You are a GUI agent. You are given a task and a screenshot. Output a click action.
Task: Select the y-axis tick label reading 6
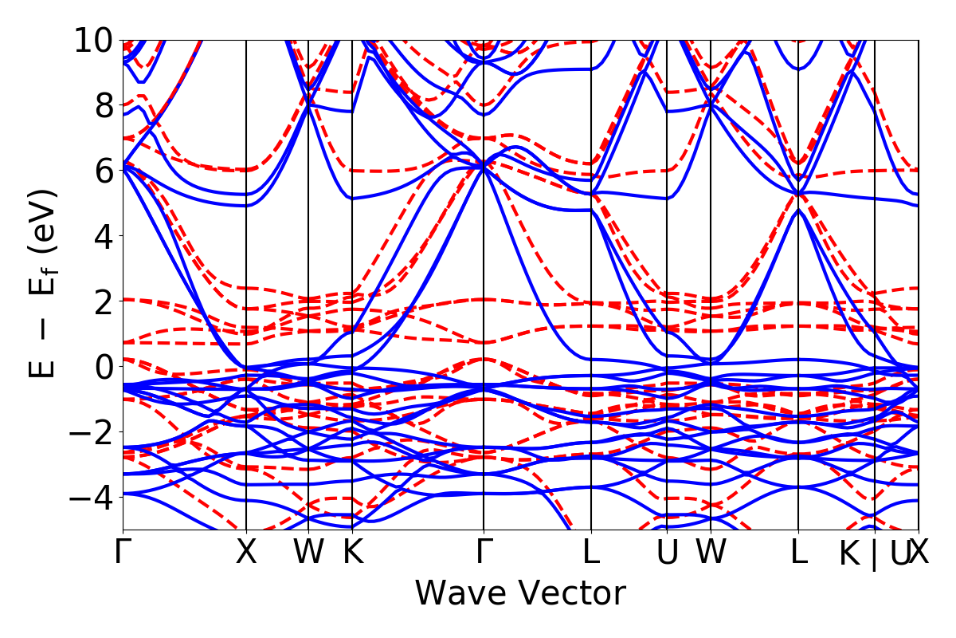[x=104, y=171]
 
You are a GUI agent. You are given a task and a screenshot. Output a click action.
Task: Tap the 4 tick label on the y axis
[x=104, y=236]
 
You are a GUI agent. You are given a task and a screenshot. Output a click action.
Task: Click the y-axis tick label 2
[x=104, y=301]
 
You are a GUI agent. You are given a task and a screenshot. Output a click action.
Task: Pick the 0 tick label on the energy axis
[x=104, y=367]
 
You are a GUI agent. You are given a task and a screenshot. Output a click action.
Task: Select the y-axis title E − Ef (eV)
[x=45, y=284]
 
